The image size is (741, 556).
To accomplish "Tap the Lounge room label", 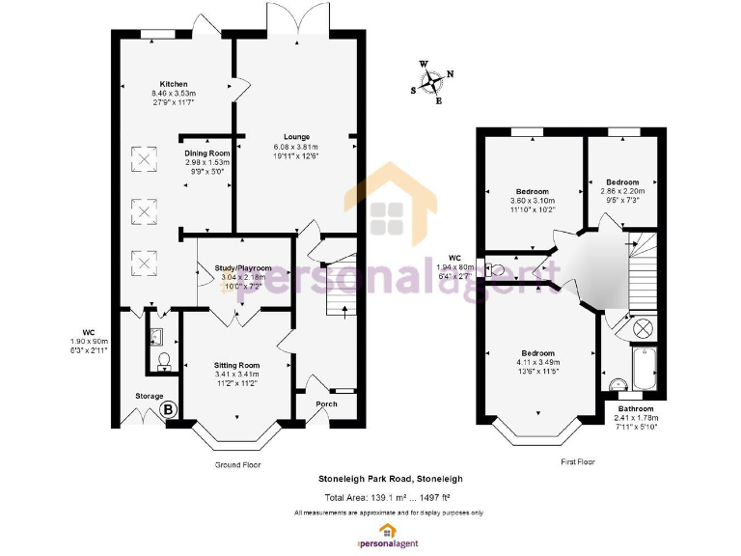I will pos(296,136).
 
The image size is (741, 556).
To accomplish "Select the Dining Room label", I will pos(207,153).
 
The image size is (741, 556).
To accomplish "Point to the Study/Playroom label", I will pos(242,267).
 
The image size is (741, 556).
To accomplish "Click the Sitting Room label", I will pos(236,365).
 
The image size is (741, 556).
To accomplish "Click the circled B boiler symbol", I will pos(169,409).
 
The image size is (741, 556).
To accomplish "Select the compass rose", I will pos(432,81).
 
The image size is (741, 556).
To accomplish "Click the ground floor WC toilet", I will pos(163,360).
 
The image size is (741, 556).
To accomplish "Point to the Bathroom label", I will pos(635,408).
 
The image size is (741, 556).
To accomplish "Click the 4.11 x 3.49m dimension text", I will pos(537,362).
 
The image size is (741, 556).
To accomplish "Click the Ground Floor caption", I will pos(237,464).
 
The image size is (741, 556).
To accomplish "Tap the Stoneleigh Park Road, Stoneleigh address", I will pos(391,479).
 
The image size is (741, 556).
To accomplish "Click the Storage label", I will pos(149,396).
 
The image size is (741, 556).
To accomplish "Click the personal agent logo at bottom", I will pos(387,533).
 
